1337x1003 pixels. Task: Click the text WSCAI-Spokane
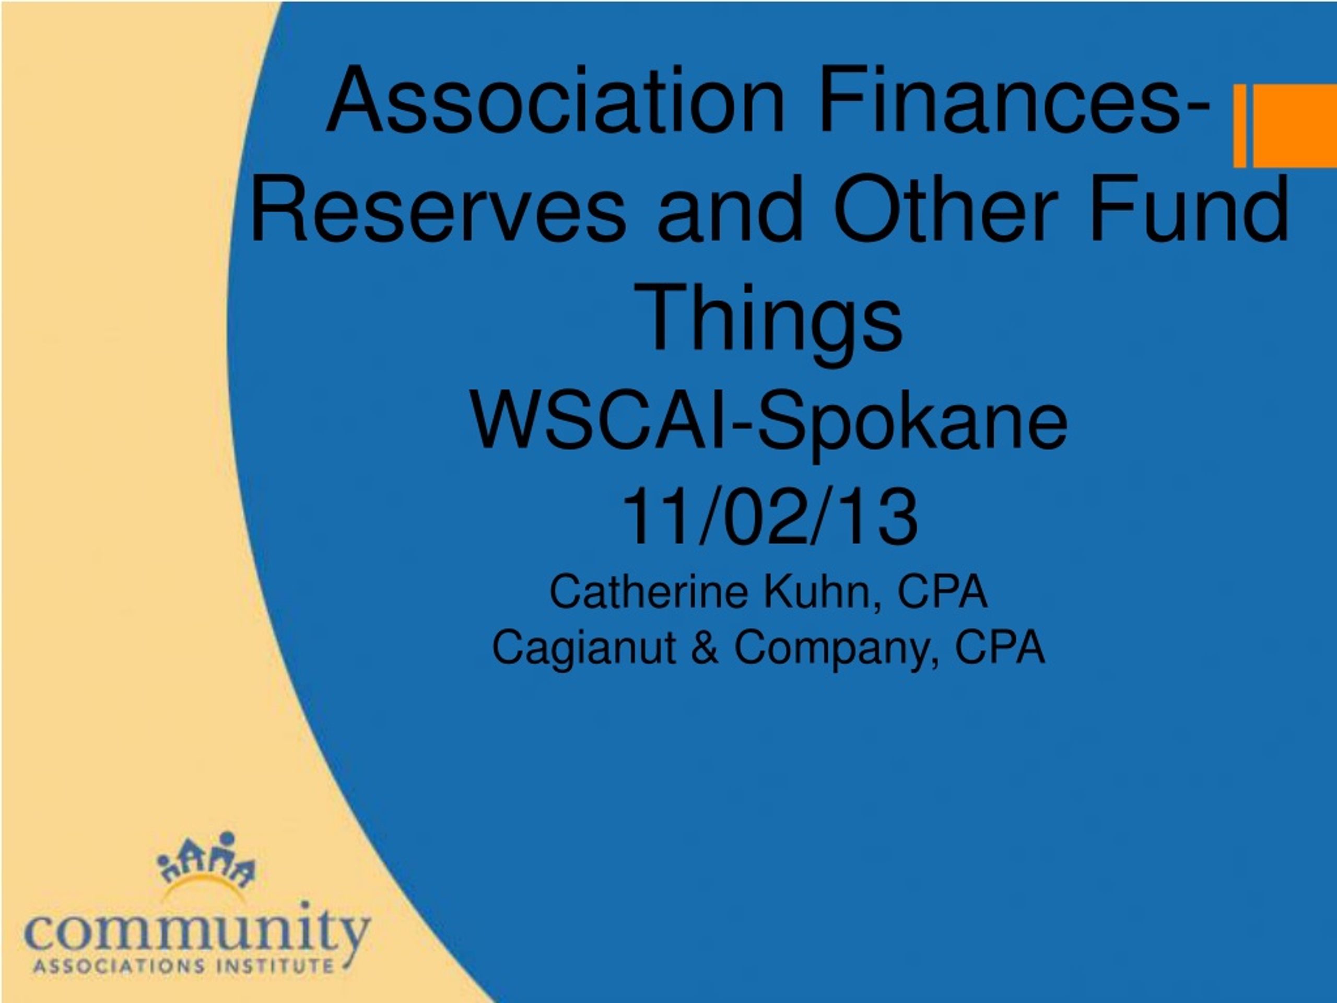769,424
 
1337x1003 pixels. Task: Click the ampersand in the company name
704,647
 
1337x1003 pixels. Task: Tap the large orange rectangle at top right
1295,126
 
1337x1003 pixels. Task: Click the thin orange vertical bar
1240,126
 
